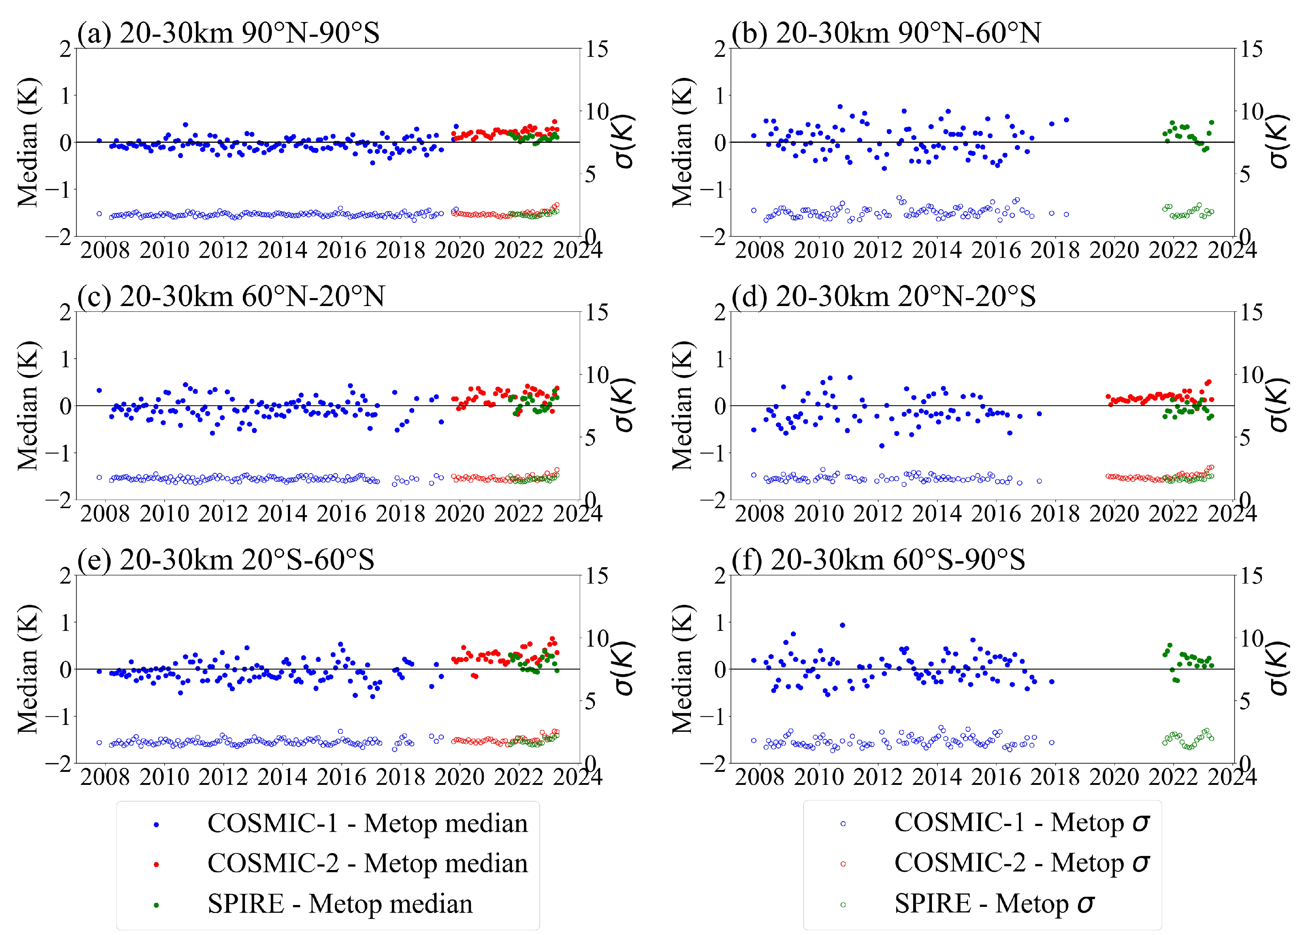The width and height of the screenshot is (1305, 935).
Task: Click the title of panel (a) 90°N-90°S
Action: (x=228, y=33)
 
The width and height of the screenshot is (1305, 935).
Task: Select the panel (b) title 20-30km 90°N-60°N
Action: (x=886, y=33)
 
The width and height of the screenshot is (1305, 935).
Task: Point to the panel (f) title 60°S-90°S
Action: (x=878, y=559)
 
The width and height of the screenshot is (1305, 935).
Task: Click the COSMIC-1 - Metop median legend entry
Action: (x=340, y=823)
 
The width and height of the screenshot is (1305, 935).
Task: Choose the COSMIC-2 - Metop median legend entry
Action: (x=340, y=864)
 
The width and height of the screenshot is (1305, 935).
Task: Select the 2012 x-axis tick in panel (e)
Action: (x=223, y=777)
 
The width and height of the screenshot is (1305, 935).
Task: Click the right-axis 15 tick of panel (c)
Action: (x=597, y=313)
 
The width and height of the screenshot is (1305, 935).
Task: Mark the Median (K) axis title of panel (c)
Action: (x=28, y=406)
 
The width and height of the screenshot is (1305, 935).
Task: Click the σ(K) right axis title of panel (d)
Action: (x=1277, y=405)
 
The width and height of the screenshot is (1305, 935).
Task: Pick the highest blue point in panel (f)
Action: (x=842, y=625)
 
